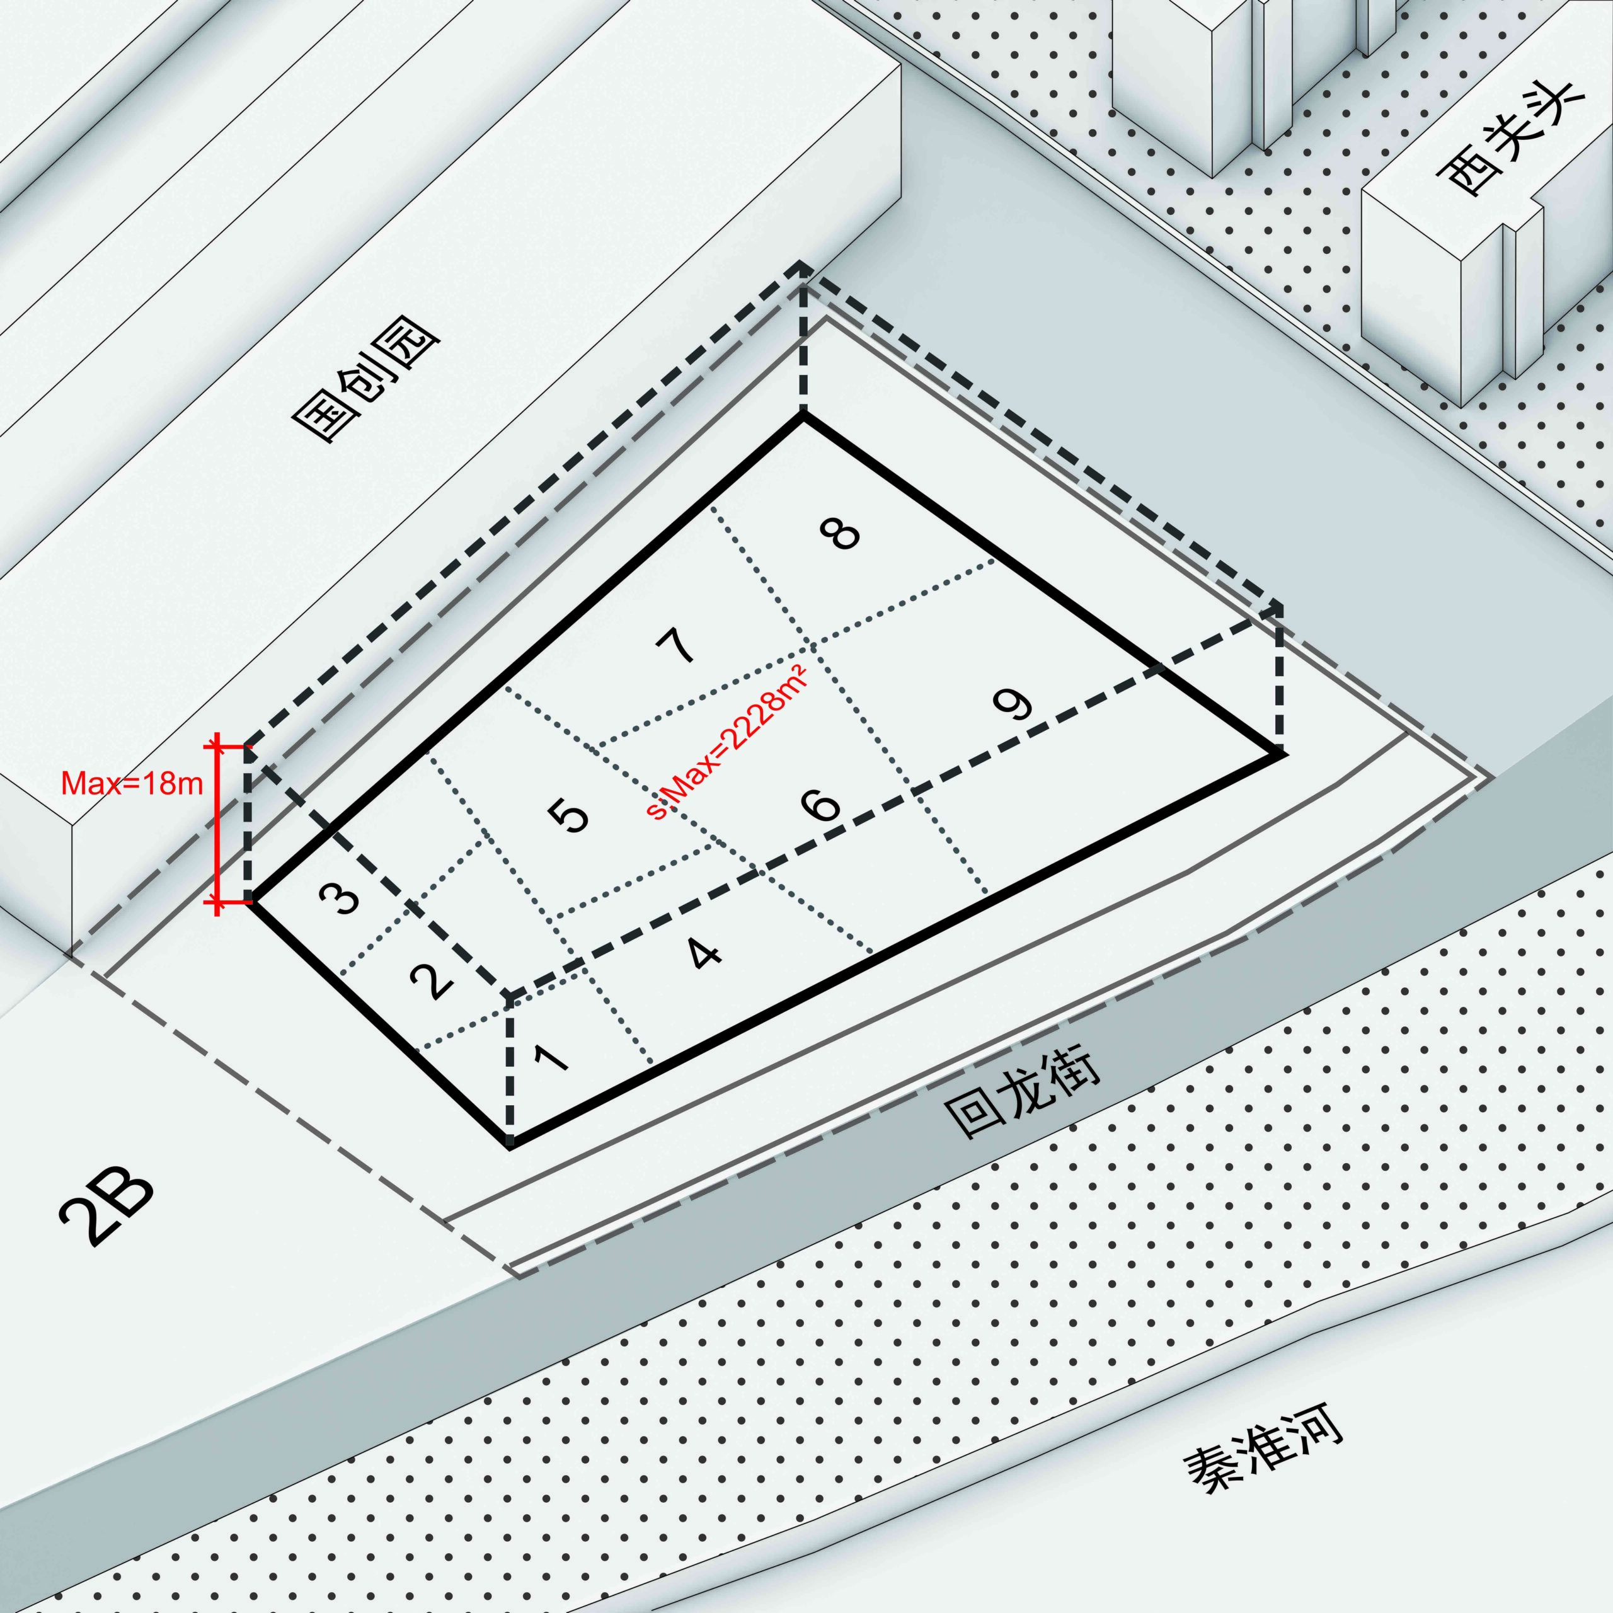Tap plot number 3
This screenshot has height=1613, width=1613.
(x=341, y=900)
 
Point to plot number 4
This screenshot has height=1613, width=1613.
(x=706, y=953)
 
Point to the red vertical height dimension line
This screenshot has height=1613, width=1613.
(x=217, y=824)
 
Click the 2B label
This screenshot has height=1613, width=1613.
(x=108, y=1210)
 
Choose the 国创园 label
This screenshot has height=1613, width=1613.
(x=367, y=386)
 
